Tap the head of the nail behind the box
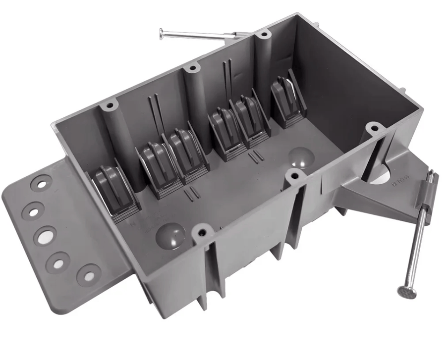pos(162,33)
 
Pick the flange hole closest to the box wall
pos(89,274)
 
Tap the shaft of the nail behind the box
pos(198,35)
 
